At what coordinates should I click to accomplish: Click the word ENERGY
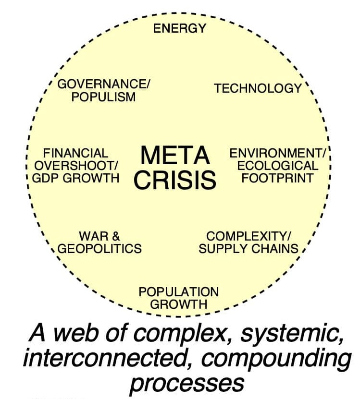(x=179, y=28)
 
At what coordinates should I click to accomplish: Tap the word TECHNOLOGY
(x=258, y=88)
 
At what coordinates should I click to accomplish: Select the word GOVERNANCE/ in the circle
(x=104, y=85)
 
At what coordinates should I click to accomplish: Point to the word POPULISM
(x=103, y=97)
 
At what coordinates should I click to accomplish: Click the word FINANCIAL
(x=76, y=153)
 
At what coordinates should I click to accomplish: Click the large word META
(x=175, y=156)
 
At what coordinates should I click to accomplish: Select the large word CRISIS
(x=175, y=180)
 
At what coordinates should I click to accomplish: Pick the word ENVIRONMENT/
(x=278, y=153)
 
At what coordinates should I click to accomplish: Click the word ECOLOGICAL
(x=278, y=166)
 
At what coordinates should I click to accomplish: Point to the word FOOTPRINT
(x=278, y=178)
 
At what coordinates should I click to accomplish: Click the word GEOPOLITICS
(x=99, y=249)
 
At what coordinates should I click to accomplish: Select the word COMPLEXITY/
(x=248, y=236)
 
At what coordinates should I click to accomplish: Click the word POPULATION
(x=178, y=291)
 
